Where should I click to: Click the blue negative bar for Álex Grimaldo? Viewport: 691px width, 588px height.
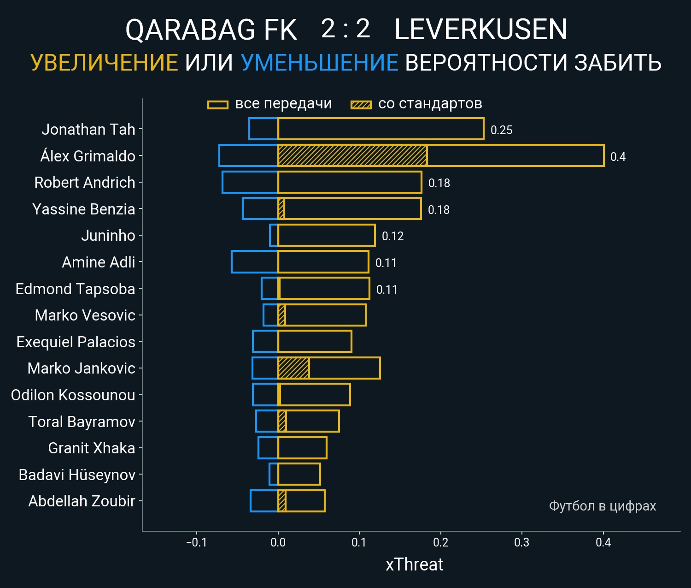tap(248, 155)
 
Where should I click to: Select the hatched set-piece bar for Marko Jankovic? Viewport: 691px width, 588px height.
tap(293, 368)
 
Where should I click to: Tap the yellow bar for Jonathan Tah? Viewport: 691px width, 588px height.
tap(381, 129)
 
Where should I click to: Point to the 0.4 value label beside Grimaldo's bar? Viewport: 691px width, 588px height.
tap(618, 157)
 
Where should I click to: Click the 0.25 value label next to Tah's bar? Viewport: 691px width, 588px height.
tap(501, 130)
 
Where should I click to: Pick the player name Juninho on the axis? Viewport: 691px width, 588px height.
tap(108, 236)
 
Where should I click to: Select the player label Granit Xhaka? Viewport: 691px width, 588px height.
tap(92, 448)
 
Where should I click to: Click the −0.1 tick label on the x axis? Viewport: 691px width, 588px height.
tap(196, 542)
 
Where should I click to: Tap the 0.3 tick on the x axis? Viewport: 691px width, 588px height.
tap(522, 542)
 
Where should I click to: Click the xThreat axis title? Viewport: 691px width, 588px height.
tap(414, 564)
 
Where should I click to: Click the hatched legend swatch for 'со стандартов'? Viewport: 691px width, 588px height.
tap(361, 105)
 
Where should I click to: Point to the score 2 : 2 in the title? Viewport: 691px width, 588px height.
tap(345, 29)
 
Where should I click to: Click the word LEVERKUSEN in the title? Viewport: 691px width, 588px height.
tap(480, 30)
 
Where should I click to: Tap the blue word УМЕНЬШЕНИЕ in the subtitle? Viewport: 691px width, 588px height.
tap(319, 63)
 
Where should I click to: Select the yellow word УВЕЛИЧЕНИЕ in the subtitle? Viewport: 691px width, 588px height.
tap(104, 63)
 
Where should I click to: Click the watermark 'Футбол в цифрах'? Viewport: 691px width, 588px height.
tap(602, 506)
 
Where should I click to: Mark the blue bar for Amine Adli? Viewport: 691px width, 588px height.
tap(255, 262)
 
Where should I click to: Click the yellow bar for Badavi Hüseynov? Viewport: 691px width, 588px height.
tap(299, 474)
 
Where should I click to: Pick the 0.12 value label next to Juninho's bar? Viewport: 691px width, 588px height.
tap(392, 236)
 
